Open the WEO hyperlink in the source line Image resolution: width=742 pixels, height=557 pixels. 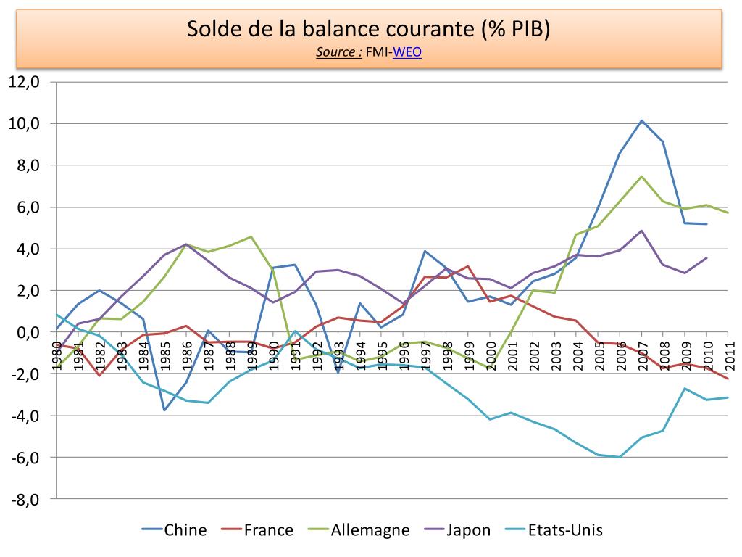coord(407,52)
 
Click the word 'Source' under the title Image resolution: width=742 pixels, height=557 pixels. coord(338,52)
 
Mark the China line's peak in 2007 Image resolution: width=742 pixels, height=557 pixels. coord(642,120)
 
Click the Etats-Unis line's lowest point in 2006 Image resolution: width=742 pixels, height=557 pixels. coord(620,457)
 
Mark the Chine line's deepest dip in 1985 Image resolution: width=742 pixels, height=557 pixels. coord(164,410)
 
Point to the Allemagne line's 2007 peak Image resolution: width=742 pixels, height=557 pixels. coord(642,176)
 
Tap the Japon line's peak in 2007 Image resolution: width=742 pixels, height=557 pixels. coord(642,231)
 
